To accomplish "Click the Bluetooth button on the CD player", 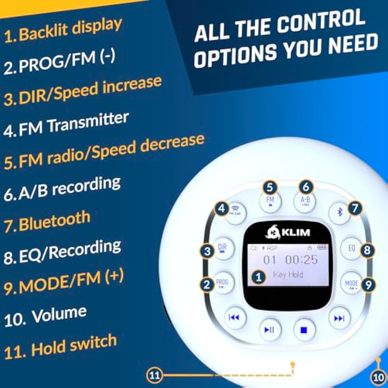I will pos(340,212).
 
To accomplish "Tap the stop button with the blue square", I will pos(304,330).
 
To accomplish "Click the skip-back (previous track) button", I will pos(234,318).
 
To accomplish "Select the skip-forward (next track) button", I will pos(339,319).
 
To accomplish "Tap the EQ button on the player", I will pos(351,248).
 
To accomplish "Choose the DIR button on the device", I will pos(223,248).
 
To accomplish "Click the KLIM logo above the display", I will pos(288,232).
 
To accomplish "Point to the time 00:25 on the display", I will pos(301,260).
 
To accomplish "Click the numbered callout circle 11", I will pos(154,375).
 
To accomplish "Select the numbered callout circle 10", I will pos(378,377).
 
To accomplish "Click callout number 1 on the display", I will pos(259,277).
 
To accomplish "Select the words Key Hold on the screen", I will pos(288,275).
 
